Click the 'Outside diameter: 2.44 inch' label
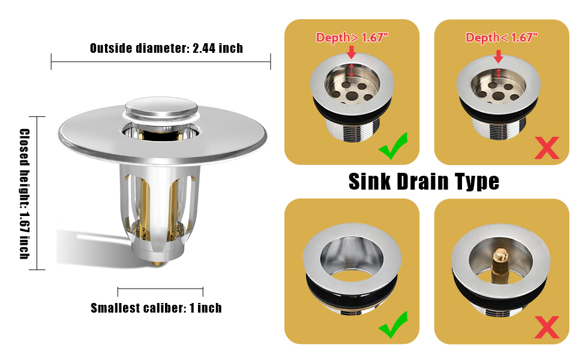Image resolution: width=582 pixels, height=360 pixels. (x=166, y=48)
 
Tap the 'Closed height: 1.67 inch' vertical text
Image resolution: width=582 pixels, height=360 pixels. (x=25, y=193)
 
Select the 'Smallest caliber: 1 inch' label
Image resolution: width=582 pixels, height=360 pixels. (x=156, y=308)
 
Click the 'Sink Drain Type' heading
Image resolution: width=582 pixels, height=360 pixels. (x=424, y=181)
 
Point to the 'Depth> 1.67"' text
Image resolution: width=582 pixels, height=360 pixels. (x=352, y=38)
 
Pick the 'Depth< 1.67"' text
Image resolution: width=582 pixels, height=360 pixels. (x=502, y=38)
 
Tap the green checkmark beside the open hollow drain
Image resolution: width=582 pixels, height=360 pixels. (x=393, y=324)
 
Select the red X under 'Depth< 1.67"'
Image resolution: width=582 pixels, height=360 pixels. (x=546, y=148)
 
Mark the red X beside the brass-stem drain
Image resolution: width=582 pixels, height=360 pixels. (x=546, y=327)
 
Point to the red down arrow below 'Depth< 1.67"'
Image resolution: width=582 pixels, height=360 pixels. (x=498, y=56)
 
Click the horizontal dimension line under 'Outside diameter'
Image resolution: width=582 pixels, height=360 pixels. (x=161, y=61)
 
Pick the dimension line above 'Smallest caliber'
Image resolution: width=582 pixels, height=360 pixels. (x=160, y=292)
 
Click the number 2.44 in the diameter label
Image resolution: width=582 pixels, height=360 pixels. (x=205, y=48)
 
